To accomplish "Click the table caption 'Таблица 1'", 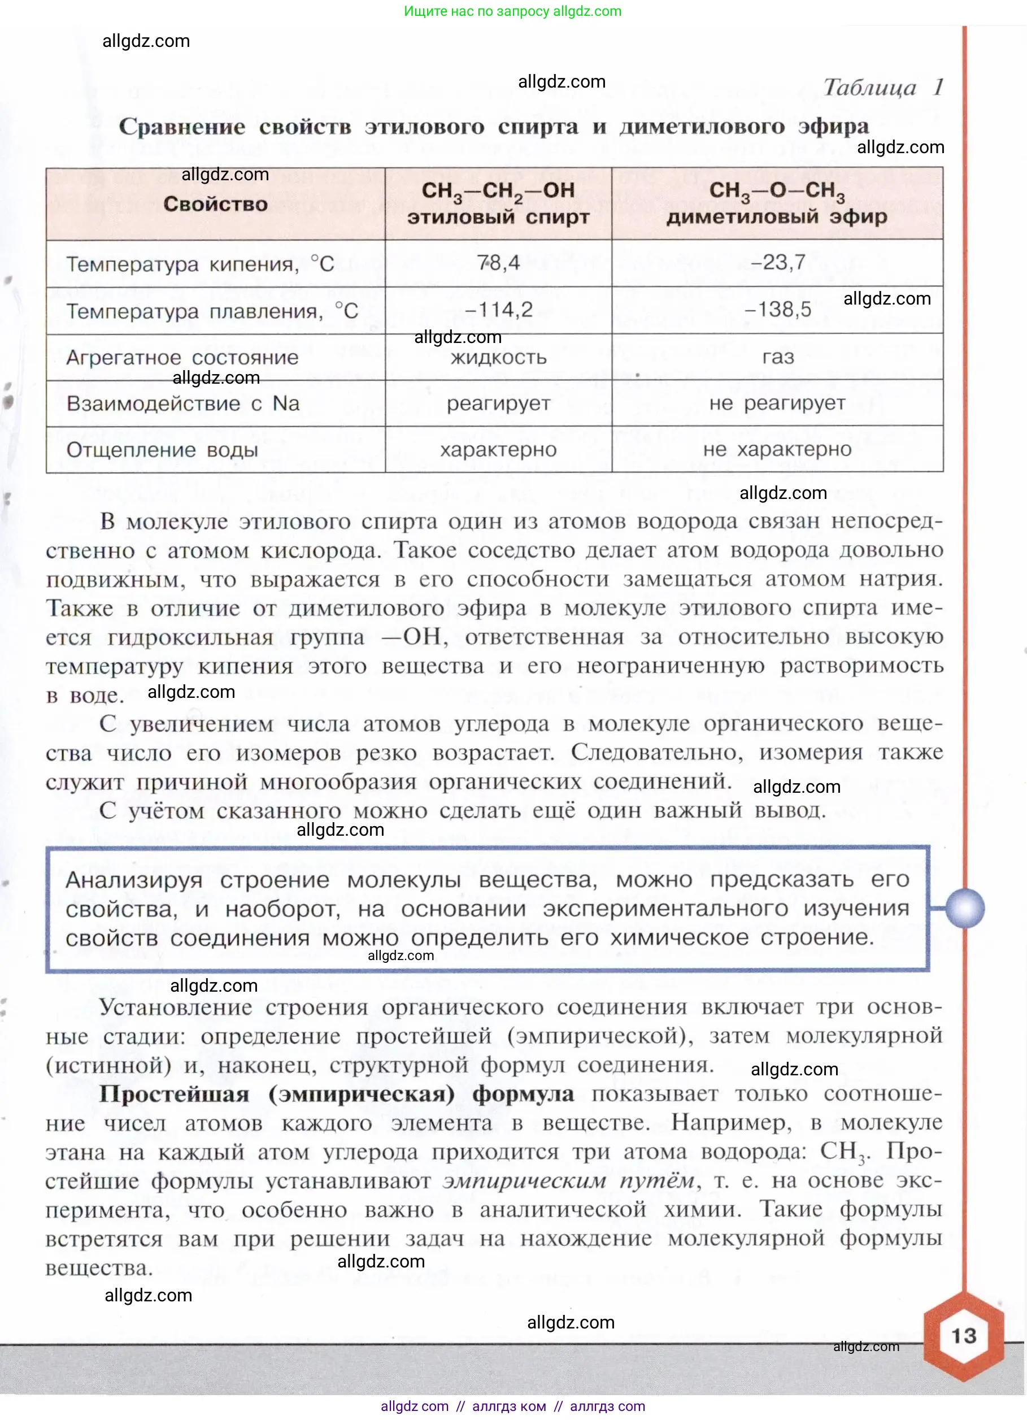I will (882, 87).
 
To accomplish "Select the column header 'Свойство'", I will (215, 204).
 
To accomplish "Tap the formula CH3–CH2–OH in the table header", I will (498, 191).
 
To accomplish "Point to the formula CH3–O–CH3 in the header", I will (777, 191).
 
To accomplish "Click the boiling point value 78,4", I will (498, 262).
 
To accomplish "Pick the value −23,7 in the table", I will (777, 262).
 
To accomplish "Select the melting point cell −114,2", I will (498, 309).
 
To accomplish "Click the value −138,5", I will (777, 309).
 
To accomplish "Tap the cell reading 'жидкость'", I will (498, 358).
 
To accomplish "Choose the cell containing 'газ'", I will (778, 357).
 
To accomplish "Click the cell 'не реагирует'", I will (777, 403).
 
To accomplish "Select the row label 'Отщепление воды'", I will (162, 450).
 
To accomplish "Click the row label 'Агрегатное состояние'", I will (182, 358).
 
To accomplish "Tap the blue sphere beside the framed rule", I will (964, 907).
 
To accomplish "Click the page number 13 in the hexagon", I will (963, 1335).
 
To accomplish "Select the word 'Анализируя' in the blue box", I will (134, 880).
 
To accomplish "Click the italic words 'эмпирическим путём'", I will (568, 1180).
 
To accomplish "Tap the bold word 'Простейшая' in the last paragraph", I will (174, 1093).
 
